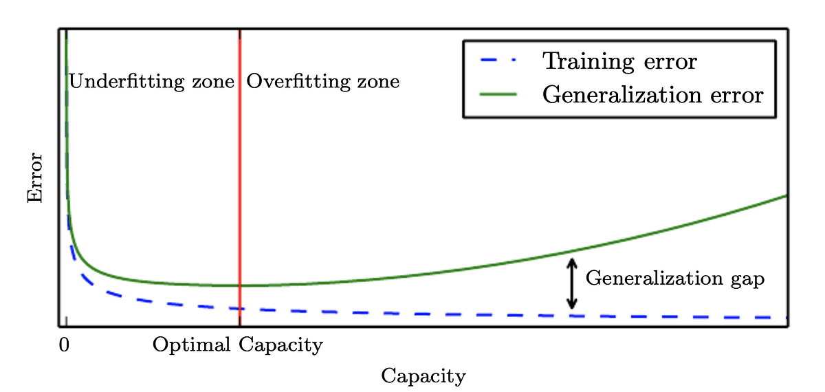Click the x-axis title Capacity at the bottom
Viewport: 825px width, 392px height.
(423, 376)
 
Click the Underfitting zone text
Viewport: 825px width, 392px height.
(151, 82)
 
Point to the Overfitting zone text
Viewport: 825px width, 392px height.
(322, 82)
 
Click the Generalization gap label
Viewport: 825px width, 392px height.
(674, 279)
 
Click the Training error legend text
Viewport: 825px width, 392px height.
(619, 61)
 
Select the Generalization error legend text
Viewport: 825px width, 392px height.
(652, 94)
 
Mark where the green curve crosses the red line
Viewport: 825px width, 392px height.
(239, 285)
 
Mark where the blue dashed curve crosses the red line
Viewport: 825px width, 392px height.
(239, 309)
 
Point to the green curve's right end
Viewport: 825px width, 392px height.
(785, 197)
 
